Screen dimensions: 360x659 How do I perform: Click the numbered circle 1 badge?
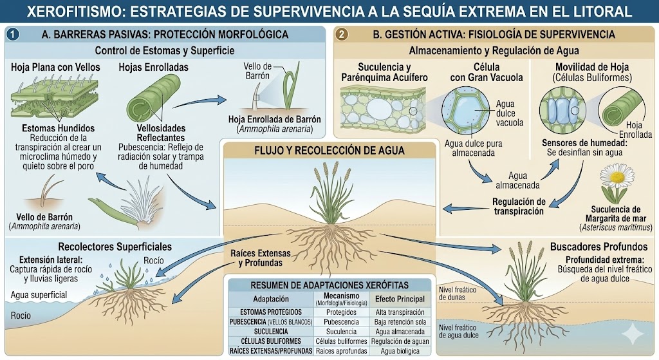pyautogui.click(x=15, y=34)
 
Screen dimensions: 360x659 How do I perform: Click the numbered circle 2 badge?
pyautogui.click(x=342, y=34)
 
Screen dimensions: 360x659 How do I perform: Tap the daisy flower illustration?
pyautogui.click(x=617, y=178)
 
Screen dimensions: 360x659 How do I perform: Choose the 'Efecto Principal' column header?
pyautogui.click(x=400, y=299)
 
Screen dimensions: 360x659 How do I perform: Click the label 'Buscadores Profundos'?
pyautogui.click(x=589, y=246)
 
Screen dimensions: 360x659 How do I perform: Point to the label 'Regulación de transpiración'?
pyautogui.click(x=518, y=206)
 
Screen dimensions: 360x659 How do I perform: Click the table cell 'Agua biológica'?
pyautogui.click(x=400, y=351)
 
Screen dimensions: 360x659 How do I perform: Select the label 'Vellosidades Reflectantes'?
pyautogui.click(x=161, y=133)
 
